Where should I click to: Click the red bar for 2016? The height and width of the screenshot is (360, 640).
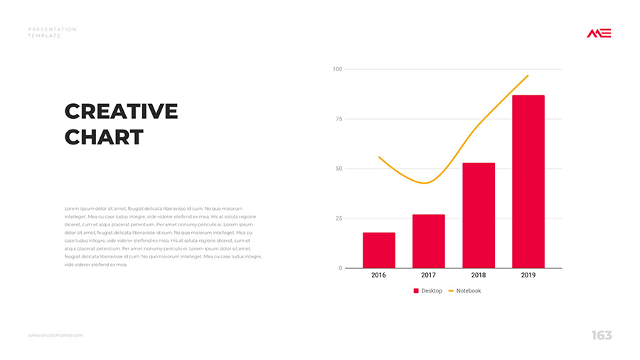pos(378,250)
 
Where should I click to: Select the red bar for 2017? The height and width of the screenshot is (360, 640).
pos(428,241)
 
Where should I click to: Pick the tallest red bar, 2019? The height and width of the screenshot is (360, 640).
pos(528,181)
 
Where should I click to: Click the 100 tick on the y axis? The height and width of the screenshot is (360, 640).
pos(337,69)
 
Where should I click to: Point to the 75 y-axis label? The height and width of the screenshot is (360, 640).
pos(338,119)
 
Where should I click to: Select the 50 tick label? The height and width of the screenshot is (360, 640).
pos(338,169)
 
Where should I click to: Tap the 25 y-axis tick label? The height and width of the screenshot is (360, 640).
pos(338,218)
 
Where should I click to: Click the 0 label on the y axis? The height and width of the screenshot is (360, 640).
pos(340,268)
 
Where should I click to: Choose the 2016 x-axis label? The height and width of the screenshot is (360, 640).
pos(378,275)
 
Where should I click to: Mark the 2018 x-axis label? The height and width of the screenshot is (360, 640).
pos(479,275)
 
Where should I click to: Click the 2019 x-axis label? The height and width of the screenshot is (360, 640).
pos(528,275)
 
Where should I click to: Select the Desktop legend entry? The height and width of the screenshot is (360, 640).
pos(428,291)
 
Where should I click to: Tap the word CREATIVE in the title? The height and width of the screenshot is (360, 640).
pos(121,112)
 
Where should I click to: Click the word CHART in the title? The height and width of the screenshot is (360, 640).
pos(104,137)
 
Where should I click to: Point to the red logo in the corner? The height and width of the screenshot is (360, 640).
pos(599,33)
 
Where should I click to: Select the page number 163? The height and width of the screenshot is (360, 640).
pos(601,335)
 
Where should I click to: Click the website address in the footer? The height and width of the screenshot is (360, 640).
pos(55,335)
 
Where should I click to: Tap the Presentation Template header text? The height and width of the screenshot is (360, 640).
pos(52,32)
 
